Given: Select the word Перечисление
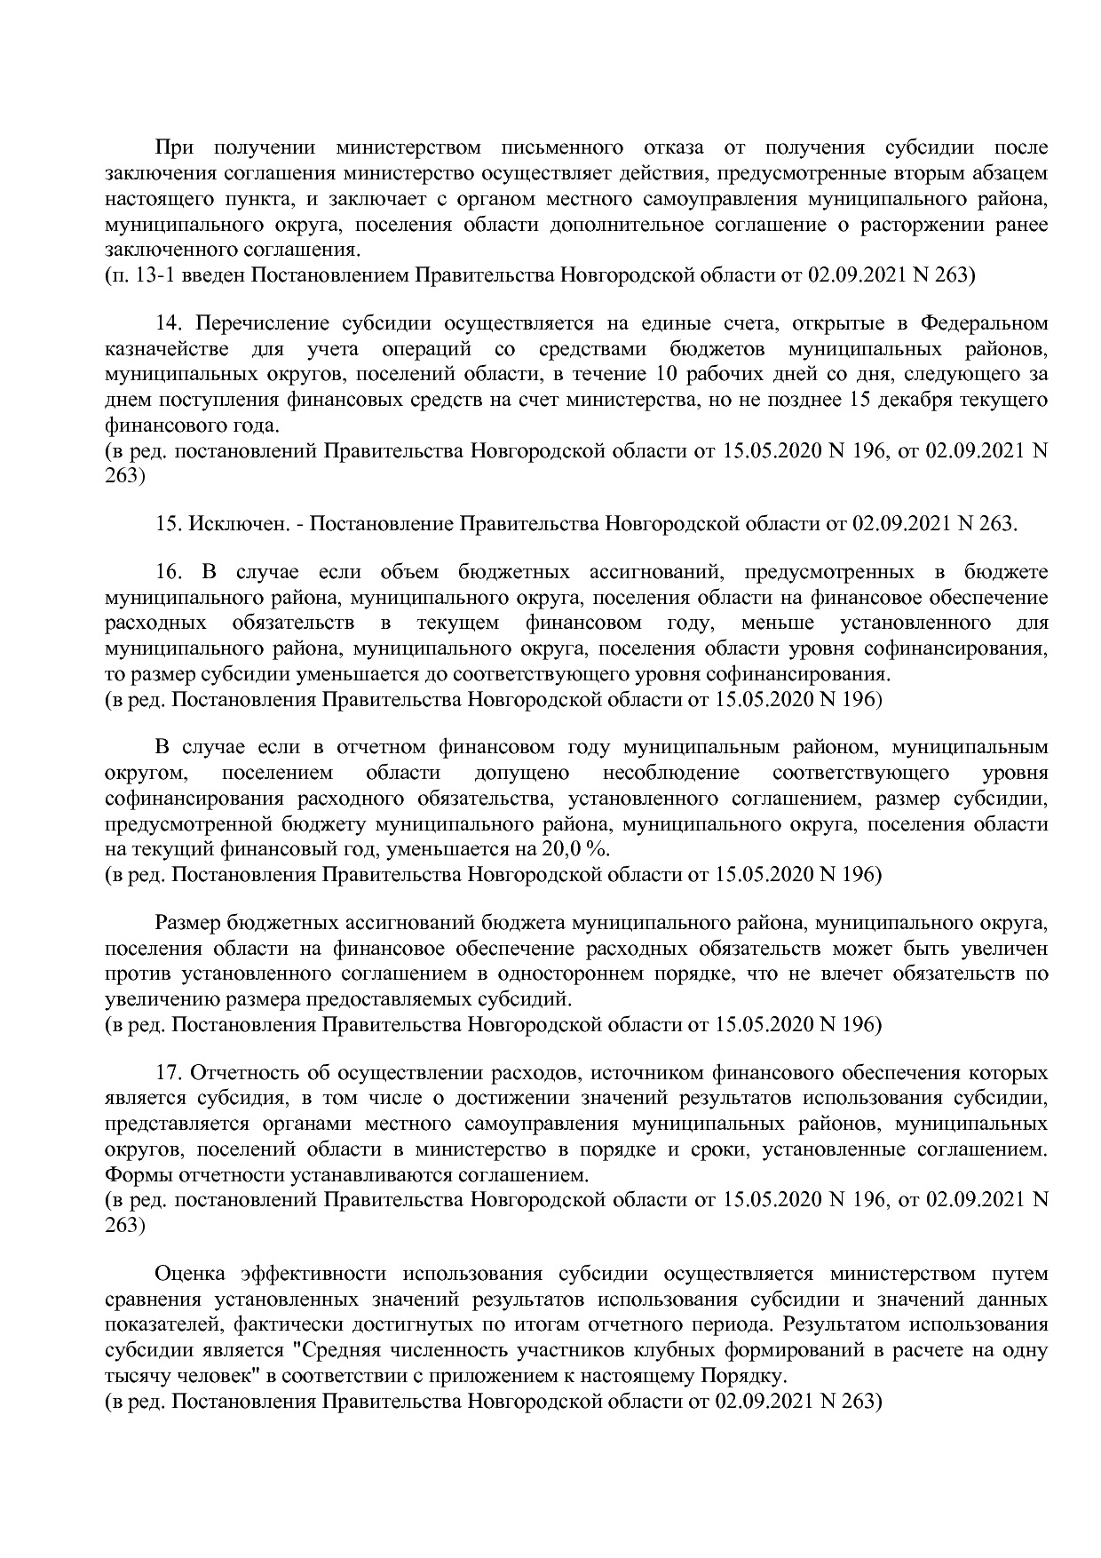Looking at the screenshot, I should click(x=262, y=322).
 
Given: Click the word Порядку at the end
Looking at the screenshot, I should click(x=743, y=1377).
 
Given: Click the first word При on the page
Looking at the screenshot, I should click(x=175, y=147).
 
